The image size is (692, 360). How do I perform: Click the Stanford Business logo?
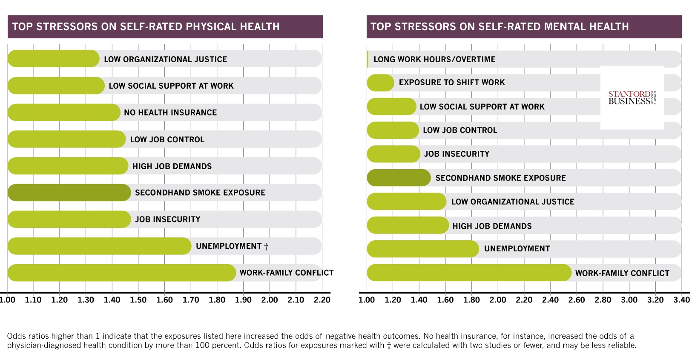pos(632,98)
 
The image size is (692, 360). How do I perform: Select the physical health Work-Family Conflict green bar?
pos(121,273)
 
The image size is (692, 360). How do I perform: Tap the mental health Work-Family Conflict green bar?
pos(468,273)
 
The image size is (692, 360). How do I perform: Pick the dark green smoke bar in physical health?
pos(69,193)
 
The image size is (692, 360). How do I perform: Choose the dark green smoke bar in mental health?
pos(399,178)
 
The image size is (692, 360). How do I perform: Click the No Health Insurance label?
pos(170,112)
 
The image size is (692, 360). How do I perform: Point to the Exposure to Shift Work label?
pos(452,82)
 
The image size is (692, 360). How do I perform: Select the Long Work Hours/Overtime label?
pos(434,59)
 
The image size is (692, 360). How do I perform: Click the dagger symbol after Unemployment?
pos(266,246)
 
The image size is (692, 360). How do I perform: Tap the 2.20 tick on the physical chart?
pos(322,300)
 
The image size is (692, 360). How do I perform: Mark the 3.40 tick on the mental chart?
pos(681,300)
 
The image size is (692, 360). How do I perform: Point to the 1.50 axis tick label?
pos(138,300)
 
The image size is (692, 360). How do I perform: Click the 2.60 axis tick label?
pos(577,300)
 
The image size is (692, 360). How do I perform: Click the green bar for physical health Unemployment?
pos(99,246)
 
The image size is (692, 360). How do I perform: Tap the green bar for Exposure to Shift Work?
pos(380,83)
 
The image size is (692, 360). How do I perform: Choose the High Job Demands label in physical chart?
pos(172,166)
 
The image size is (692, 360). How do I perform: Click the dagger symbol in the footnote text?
pos(388,346)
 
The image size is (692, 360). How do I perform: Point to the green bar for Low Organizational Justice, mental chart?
pos(406,202)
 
